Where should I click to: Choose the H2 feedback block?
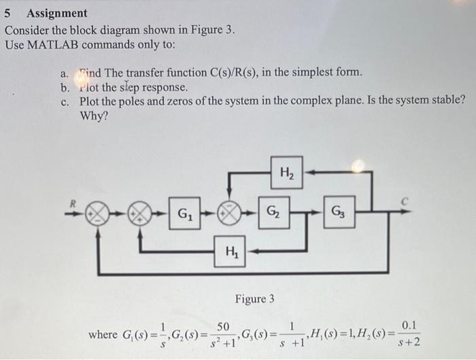tap(286, 173)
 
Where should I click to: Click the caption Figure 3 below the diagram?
tap(254, 299)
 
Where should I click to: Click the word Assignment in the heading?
tap(56, 13)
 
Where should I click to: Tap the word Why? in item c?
tap(94, 115)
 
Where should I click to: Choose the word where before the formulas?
tap(103, 334)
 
